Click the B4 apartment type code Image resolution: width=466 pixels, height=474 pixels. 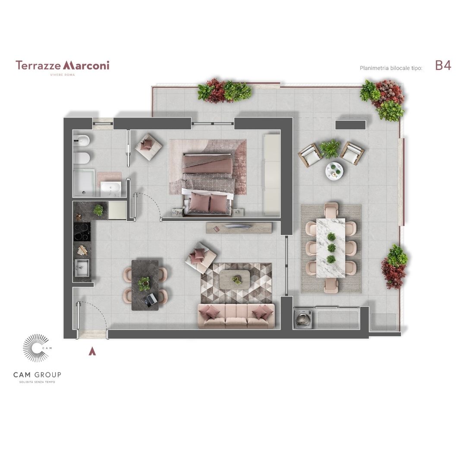coord(443,65)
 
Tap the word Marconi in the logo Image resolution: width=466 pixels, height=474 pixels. coord(86,65)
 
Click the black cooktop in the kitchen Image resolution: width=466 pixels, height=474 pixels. coord(82,232)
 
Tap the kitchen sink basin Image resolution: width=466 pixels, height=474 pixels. coord(82,268)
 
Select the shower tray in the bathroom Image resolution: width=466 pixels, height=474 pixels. coord(84,183)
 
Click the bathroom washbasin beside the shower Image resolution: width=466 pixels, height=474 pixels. coord(111,189)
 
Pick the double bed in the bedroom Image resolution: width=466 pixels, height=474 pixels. coord(208,184)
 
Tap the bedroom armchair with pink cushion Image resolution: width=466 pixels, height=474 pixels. coord(148,147)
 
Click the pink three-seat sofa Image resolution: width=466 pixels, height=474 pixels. coord(236,316)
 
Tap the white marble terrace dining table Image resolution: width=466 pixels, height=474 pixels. coord(331,248)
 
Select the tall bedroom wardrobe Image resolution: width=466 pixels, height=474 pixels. coord(271,175)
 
